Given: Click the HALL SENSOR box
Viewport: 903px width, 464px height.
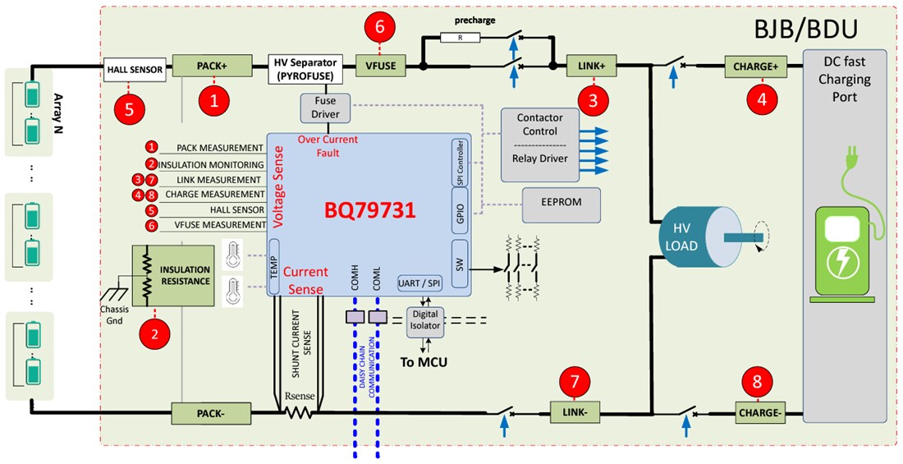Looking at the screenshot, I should [136, 70].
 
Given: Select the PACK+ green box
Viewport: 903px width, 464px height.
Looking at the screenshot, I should [213, 66].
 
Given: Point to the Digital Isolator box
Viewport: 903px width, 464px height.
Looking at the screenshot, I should [427, 319].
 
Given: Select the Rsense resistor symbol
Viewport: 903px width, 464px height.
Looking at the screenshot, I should [299, 412].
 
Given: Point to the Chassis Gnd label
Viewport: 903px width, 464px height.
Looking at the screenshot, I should [114, 315].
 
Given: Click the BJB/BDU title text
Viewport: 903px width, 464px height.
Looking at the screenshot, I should [806, 30].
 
